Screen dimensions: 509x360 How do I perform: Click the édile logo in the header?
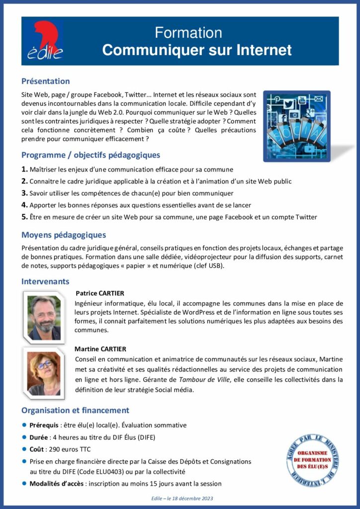click(44, 41)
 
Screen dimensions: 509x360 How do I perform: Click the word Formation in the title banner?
click(188, 33)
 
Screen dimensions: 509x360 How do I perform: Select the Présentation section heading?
click(45, 81)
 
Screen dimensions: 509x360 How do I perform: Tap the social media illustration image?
click(296, 126)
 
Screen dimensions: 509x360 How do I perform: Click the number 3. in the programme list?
click(24, 193)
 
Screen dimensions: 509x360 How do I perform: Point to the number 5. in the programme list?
click(24, 217)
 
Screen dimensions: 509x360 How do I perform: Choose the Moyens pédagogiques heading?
click(63, 235)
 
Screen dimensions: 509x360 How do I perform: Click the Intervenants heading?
click(45, 281)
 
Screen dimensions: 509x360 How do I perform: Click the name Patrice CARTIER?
click(100, 293)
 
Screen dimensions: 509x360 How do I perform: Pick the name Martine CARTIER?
click(100, 349)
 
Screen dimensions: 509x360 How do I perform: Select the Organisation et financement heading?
click(75, 410)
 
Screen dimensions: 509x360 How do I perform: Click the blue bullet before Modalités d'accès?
click(24, 483)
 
